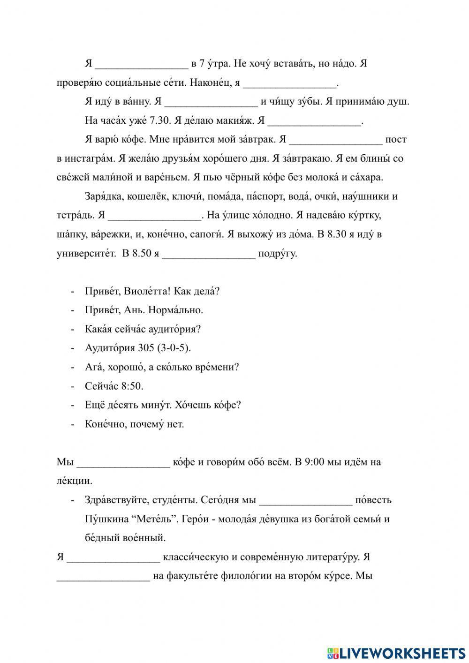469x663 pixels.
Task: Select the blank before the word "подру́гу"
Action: (x=209, y=255)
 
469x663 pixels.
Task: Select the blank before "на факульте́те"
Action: (x=103, y=576)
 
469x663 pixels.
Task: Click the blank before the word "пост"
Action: (x=336, y=140)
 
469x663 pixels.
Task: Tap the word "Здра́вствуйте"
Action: (x=111, y=500)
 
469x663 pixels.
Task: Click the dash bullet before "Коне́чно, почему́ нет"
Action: (x=73, y=424)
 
